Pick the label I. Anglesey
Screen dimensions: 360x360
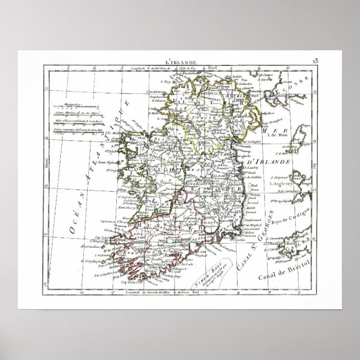[x=282, y=183]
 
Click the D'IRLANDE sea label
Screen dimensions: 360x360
[x=277, y=162]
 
